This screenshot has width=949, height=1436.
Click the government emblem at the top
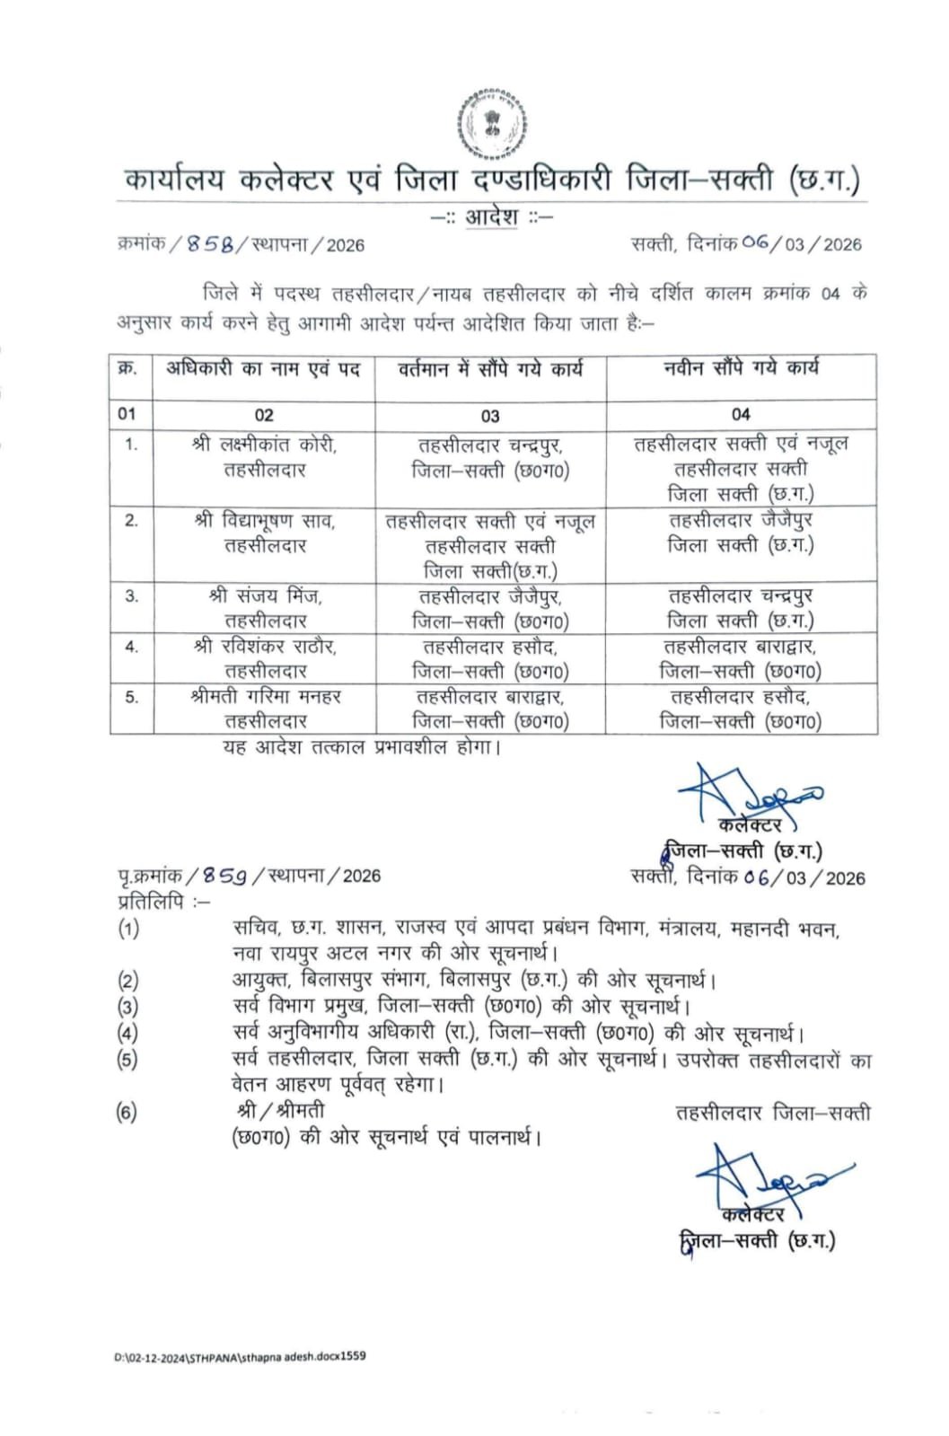point(490,124)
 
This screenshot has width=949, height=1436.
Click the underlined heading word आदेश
point(491,217)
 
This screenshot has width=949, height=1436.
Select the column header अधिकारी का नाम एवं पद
point(263,368)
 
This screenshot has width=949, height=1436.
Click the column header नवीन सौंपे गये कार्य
point(741,367)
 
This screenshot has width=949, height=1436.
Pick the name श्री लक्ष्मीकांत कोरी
point(265,444)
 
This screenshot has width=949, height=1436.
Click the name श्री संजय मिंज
point(265,595)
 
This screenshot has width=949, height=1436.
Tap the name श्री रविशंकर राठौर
point(265,646)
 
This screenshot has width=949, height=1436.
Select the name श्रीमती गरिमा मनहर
point(265,696)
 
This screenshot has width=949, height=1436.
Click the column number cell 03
point(490,416)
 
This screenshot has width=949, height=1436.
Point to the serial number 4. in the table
point(132,647)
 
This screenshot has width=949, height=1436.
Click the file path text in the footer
point(240,1356)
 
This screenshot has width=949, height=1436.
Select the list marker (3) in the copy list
point(128,1007)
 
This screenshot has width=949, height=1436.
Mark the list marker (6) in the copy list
point(127,1113)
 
